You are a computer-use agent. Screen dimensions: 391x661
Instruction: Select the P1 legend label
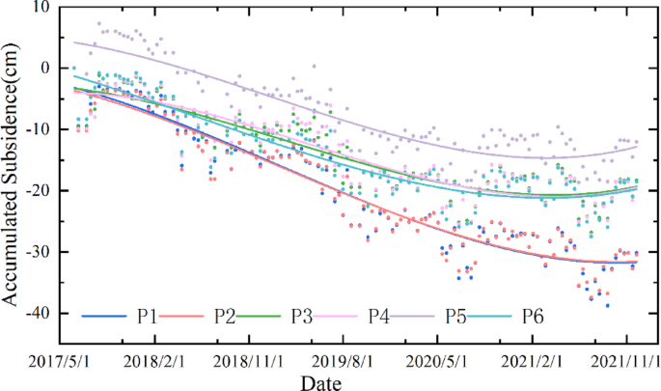[x=148, y=316]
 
